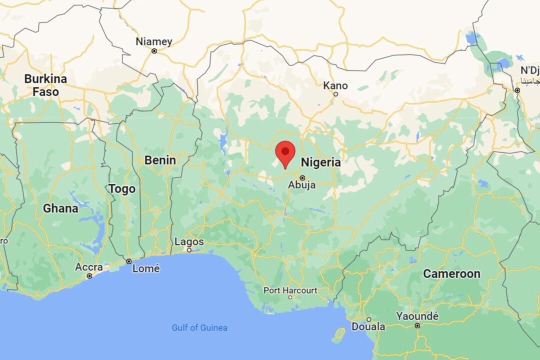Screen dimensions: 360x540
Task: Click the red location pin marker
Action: (285, 152)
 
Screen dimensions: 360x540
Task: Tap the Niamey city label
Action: (154, 41)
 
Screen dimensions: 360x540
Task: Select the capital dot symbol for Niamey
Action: (154, 51)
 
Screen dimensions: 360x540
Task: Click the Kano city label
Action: (335, 85)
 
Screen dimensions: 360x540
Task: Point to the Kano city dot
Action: (335, 94)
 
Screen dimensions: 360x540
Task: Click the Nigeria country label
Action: (320, 162)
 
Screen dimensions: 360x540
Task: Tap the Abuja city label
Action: (302, 185)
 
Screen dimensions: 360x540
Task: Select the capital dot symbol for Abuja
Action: (302, 177)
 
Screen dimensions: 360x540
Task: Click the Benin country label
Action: (160, 160)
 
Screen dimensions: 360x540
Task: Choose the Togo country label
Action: (122, 189)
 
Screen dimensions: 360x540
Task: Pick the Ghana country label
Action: (60, 208)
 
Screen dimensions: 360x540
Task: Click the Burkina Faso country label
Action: (45, 85)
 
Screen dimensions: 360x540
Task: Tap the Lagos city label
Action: (189, 242)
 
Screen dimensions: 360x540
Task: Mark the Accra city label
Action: (89, 267)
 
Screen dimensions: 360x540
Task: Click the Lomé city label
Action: (146, 268)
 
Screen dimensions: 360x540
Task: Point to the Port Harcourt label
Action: (290, 290)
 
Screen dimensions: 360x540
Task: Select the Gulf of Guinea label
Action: (199, 328)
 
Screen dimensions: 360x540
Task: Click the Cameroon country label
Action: (451, 273)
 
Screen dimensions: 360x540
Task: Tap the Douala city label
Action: (368, 327)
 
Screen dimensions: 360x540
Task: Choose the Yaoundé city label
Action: (417, 316)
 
